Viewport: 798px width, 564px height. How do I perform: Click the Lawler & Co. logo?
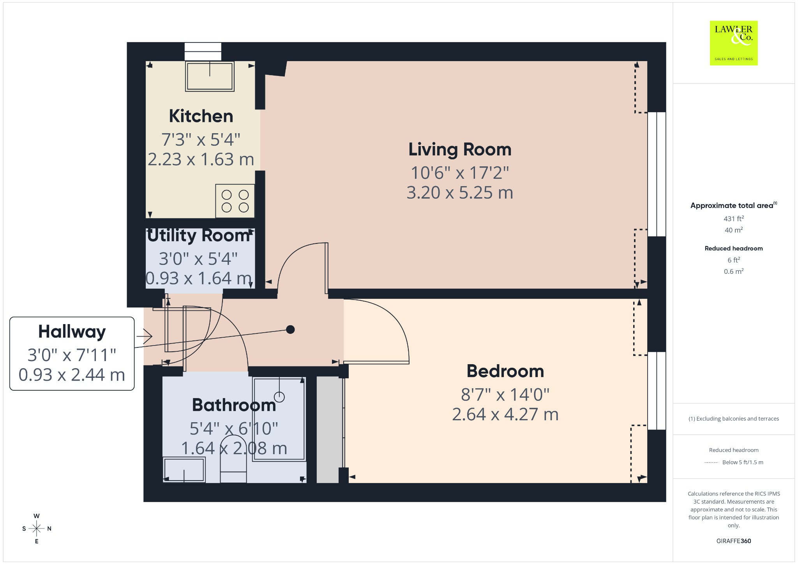733,43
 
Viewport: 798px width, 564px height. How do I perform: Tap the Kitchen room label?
201,116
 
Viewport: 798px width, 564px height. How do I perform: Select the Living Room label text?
460,150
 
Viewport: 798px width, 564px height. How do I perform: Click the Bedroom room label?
505,371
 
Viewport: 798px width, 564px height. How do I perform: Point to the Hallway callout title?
72,332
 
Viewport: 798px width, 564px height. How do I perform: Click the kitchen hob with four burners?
235,201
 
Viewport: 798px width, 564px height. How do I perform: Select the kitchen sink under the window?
210,76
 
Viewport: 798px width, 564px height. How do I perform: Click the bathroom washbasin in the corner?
184,470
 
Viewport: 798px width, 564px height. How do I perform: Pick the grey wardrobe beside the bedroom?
328,430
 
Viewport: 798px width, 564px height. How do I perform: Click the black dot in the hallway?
290,330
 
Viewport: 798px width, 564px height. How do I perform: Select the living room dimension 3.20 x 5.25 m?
460,193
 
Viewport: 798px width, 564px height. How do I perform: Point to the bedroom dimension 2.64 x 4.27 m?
505,414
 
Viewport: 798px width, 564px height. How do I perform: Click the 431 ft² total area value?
734,219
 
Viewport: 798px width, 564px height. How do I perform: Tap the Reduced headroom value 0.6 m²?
734,271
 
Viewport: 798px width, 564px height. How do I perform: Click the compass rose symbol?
37,529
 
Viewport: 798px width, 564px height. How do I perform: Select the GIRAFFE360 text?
734,541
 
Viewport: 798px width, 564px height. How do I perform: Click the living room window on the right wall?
657,174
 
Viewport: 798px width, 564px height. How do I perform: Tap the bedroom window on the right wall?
657,391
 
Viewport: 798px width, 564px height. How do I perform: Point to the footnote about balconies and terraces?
734,419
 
